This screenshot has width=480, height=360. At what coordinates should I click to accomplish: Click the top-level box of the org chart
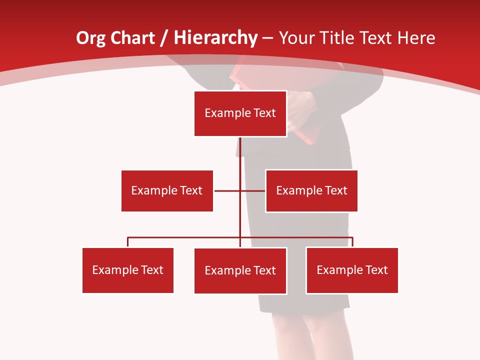[x=240, y=113]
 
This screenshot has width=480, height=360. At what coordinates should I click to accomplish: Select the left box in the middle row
[x=167, y=190]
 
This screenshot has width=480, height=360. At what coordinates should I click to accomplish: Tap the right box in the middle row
[x=311, y=190]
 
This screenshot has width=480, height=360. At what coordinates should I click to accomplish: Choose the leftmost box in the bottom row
[x=128, y=270]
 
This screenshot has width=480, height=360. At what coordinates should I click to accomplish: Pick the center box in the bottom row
[x=240, y=270]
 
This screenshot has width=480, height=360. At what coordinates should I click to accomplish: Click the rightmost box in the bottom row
[x=352, y=270]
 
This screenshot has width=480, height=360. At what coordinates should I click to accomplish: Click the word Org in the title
[x=89, y=38]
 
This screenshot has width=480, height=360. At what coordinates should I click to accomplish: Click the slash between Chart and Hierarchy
[x=164, y=38]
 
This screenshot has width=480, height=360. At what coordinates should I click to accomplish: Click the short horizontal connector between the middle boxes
[x=227, y=190]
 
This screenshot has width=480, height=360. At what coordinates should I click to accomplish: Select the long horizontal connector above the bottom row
[x=185, y=237]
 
